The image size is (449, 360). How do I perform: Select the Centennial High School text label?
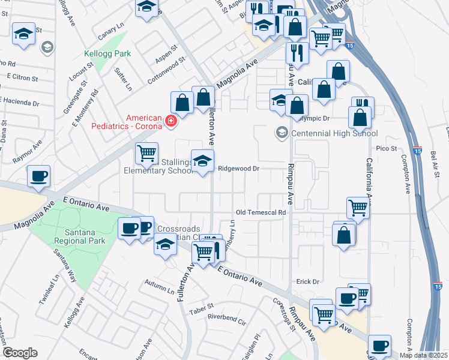click(x=334, y=133)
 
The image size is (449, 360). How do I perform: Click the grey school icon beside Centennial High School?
click(x=281, y=133)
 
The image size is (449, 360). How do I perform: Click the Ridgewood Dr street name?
click(x=238, y=169)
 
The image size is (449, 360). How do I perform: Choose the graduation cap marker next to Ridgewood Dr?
click(x=203, y=161)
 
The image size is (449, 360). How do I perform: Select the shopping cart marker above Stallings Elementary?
click(x=146, y=154)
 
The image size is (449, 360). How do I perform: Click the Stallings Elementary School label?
click(x=156, y=166)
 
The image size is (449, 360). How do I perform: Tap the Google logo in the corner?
click(x=20, y=353)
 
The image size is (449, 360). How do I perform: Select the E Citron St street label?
click(x=22, y=77)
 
